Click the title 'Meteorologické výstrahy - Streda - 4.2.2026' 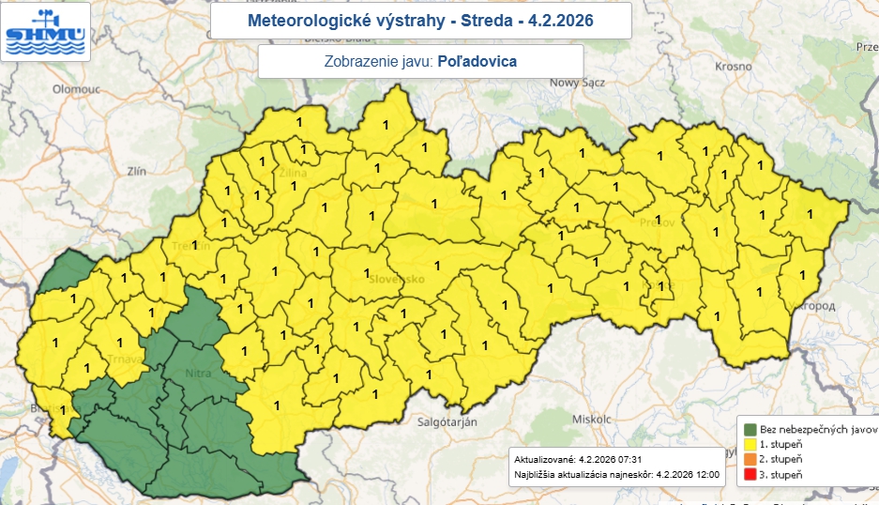[419, 20]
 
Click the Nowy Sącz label [579, 82]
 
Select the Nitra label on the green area [198, 374]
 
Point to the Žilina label [293, 172]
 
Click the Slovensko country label [396, 280]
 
